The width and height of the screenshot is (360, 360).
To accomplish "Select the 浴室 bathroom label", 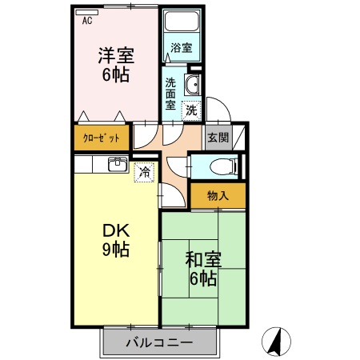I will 182,48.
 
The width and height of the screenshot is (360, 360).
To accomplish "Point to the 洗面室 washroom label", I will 171,92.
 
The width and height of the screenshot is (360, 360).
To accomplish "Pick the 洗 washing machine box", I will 191,110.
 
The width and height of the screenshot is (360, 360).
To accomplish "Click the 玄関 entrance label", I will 218,137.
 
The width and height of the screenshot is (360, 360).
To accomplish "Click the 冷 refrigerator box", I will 144,170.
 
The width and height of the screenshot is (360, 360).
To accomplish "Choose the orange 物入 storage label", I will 218,195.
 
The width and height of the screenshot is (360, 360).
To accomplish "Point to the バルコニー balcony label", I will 160,344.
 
